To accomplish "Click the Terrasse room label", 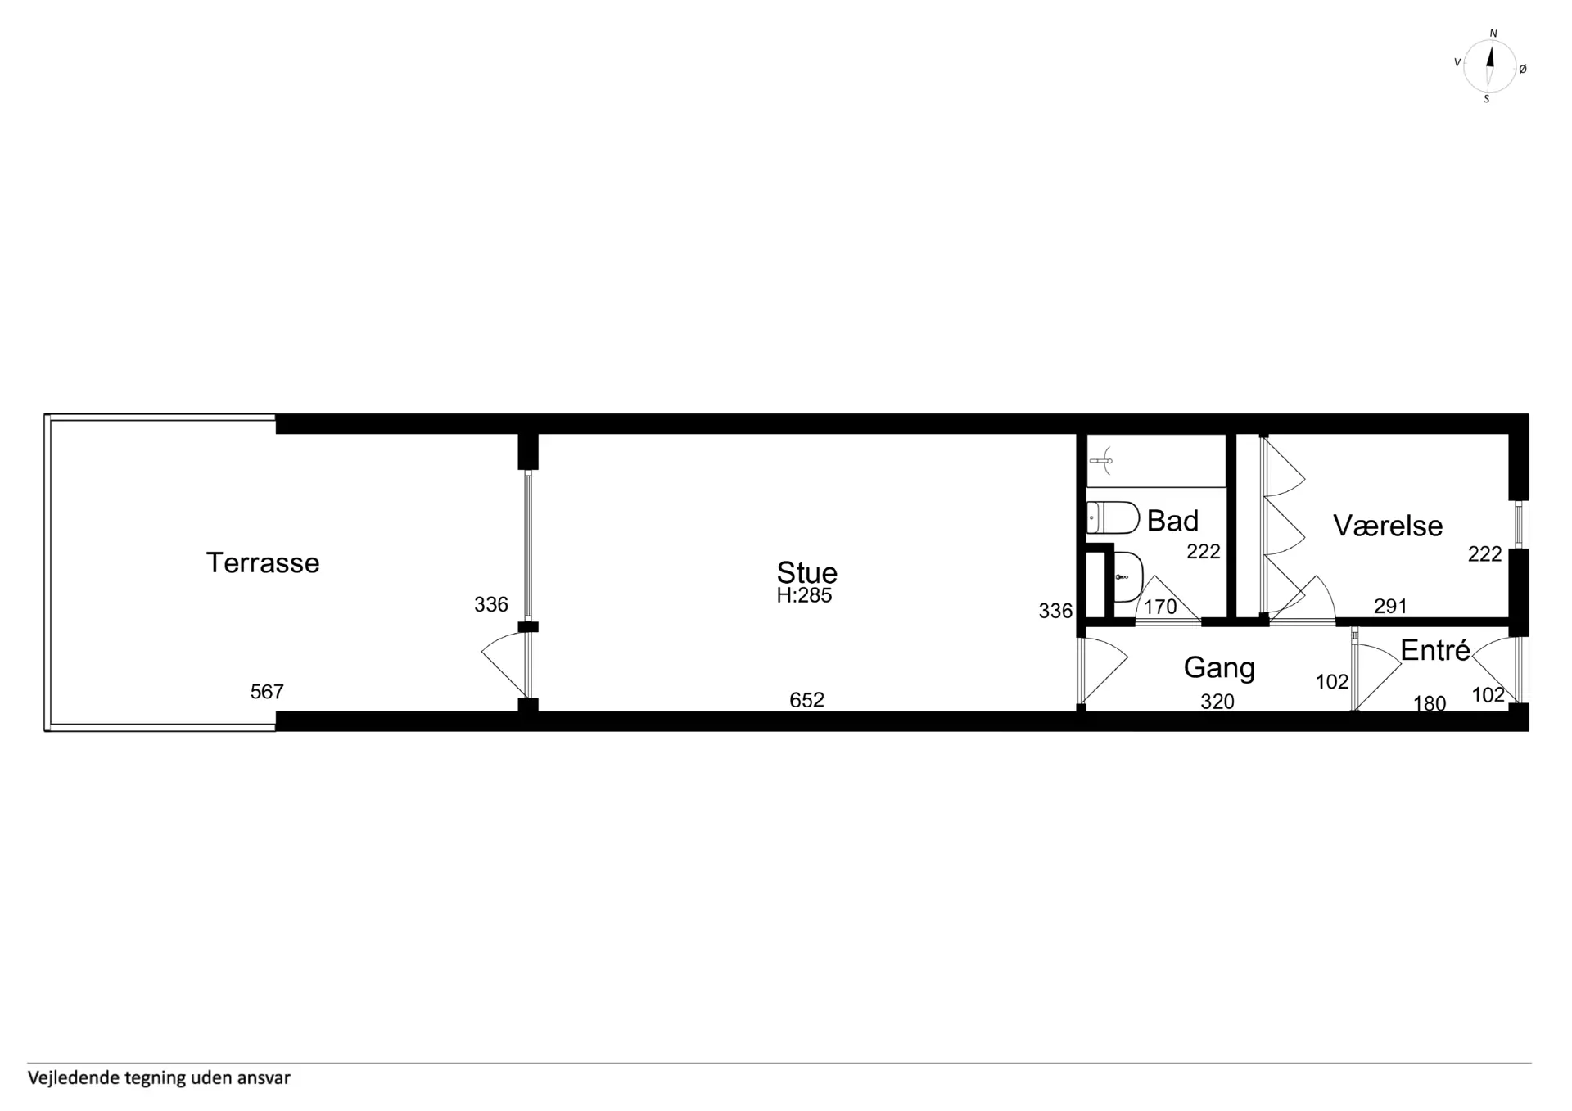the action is pyautogui.click(x=262, y=562).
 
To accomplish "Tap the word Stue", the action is pyautogui.click(x=806, y=572).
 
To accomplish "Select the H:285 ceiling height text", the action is pyautogui.click(x=804, y=595).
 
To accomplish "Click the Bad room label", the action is pyautogui.click(x=1172, y=521).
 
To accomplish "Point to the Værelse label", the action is pyautogui.click(x=1388, y=526).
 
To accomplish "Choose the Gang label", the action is pyautogui.click(x=1219, y=668).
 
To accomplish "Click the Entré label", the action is pyautogui.click(x=1435, y=650).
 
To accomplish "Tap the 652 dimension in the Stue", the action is pyautogui.click(x=806, y=700).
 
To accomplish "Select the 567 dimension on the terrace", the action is pyautogui.click(x=267, y=692).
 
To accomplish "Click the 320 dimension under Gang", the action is pyautogui.click(x=1217, y=702).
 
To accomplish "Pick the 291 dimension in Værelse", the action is pyautogui.click(x=1390, y=606).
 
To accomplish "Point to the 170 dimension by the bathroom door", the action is pyautogui.click(x=1160, y=607).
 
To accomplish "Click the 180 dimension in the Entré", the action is pyautogui.click(x=1430, y=703).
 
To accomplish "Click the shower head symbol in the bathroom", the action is pyautogui.click(x=1103, y=461).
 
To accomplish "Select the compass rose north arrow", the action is pyautogui.click(x=1490, y=65).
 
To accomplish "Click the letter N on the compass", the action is pyautogui.click(x=1493, y=34).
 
